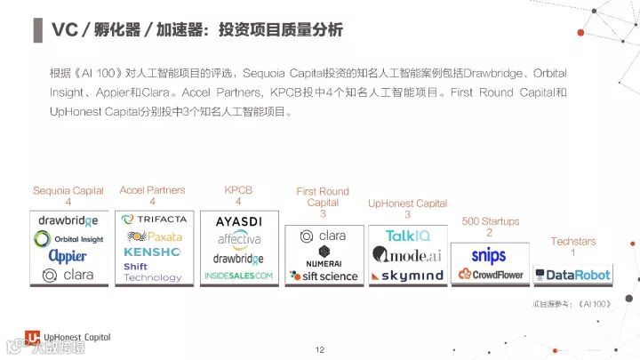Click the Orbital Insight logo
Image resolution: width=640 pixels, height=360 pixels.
coord(68,239)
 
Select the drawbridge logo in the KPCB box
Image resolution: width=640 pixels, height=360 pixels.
coord(237,259)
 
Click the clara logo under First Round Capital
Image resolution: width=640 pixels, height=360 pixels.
coord(323,236)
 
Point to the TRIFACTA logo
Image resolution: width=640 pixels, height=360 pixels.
coord(153,220)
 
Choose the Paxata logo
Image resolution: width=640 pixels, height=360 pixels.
coord(154,236)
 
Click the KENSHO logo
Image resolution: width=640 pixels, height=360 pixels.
coord(153,252)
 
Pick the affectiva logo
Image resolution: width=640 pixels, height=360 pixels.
coord(237,239)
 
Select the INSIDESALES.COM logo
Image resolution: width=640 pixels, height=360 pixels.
coord(237,276)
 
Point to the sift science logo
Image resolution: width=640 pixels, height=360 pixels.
coord(323,276)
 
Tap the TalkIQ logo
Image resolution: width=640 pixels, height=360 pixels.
coord(407,236)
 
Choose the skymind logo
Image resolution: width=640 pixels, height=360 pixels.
coord(407,276)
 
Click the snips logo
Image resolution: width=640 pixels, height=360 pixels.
coord(489,256)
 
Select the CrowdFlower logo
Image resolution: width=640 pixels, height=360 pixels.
coord(489,275)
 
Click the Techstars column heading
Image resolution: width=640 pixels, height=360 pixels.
coord(572,241)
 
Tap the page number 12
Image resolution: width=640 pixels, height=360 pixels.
coord(320,349)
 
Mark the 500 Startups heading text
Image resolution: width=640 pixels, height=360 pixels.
coord(490,220)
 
